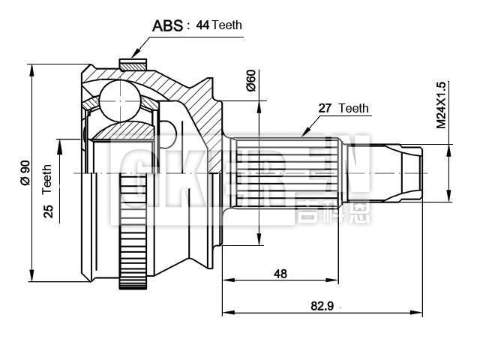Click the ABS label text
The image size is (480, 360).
(167, 26)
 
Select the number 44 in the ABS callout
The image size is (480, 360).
(202, 25)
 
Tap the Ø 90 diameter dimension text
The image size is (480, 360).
(24, 172)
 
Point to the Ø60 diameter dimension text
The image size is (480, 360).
(251, 79)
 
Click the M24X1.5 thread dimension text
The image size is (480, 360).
(442, 104)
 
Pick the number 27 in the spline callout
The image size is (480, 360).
(325, 108)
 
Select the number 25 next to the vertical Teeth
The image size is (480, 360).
(48, 211)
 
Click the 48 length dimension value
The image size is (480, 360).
(280, 274)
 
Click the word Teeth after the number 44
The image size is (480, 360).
(227, 25)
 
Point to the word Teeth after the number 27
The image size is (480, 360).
(354, 108)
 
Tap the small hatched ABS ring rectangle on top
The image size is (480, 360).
(133, 65)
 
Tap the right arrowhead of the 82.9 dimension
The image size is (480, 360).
(418, 311)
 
